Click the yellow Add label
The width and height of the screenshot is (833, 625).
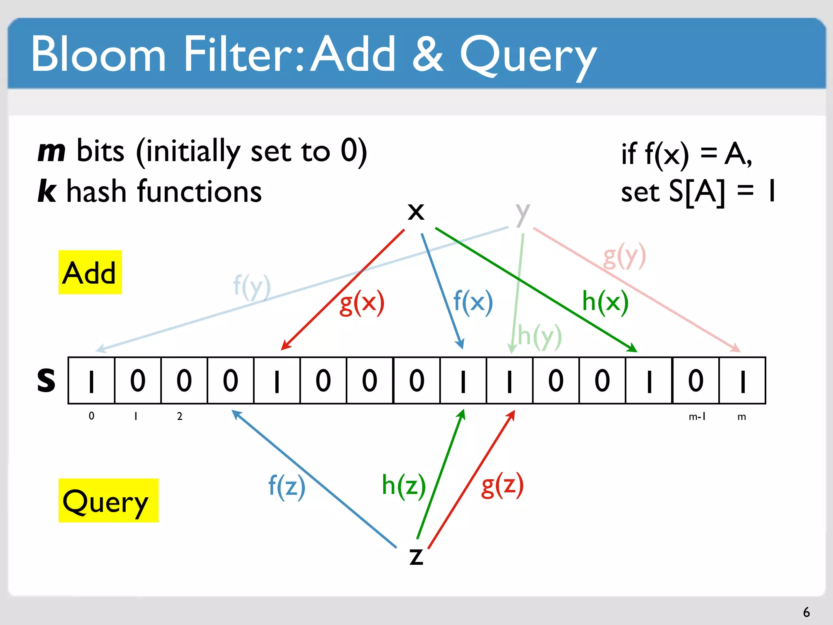click(90, 272)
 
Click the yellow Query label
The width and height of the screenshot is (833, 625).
click(108, 500)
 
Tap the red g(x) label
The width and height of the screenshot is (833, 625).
click(362, 303)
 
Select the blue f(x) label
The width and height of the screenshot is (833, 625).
click(473, 302)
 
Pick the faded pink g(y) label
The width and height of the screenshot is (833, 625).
click(624, 256)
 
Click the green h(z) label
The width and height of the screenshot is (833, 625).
click(403, 485)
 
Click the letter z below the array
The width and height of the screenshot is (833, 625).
click(416, 556)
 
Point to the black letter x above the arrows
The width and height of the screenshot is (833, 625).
click(416, 212)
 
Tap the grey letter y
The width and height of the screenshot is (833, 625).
click(523, 213)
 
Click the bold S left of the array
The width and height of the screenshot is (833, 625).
click(46, 380)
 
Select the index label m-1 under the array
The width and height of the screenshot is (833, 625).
click(697, 416)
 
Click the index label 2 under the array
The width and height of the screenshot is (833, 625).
click(179, 416)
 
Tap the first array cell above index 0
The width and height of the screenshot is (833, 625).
click(92, 380)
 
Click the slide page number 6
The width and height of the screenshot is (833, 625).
click(806, 612)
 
